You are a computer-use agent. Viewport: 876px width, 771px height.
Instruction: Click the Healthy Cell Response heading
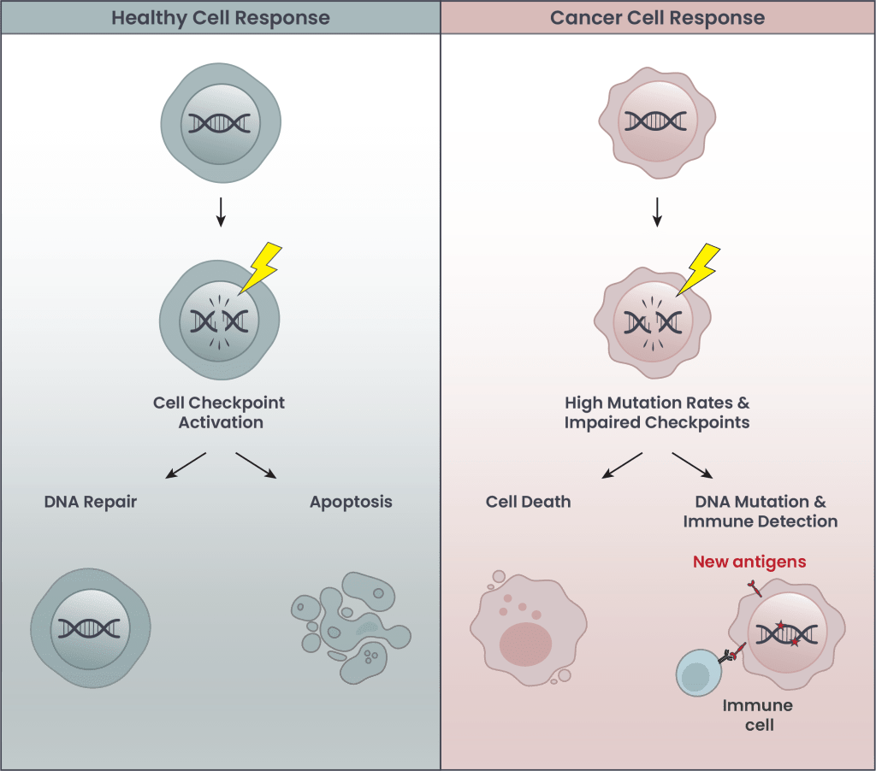(x=220, y=17)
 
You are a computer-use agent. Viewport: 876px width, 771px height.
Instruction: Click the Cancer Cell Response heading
(x=657, y=17)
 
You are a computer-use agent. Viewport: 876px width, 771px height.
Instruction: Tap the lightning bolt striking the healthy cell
(x=261, y=267)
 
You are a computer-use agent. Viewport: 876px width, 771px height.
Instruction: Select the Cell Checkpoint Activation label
(x=220, y=411)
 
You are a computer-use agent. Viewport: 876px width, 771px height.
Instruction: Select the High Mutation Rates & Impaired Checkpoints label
(x=657, y=411)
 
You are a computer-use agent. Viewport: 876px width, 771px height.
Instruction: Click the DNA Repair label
(x=90, y=502)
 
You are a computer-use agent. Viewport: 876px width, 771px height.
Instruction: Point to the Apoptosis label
(x=351, y=502)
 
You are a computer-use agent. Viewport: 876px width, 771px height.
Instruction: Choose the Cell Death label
(x=528, y=502)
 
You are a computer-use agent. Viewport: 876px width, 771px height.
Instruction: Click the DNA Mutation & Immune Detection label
(x=761, y=510)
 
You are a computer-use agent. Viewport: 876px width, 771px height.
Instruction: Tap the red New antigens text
(x=749, y=562)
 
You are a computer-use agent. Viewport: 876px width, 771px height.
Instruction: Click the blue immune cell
(x=700, y=672)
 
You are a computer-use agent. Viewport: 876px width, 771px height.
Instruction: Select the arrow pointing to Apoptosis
(x=256, y=464)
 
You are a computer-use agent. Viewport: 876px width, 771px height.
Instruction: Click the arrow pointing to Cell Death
(x=622, y=464)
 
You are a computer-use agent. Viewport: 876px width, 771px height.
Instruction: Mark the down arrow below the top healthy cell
(x=220, y=212)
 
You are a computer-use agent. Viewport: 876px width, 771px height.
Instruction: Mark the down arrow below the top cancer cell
(x=657, y=212)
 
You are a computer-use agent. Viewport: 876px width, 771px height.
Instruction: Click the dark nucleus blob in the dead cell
(x=525, y=644)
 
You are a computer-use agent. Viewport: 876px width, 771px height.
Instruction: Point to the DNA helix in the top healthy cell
(x=220, y=124)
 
